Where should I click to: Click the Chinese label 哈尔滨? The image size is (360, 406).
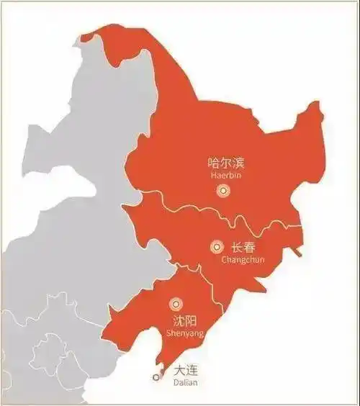223,163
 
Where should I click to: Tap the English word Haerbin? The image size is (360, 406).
223,175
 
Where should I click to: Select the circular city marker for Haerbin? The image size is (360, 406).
223,191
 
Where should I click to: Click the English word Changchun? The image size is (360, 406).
243,259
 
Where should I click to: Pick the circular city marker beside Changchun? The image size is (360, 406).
217,247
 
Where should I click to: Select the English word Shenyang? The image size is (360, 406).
184,333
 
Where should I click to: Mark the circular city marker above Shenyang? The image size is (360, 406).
175,304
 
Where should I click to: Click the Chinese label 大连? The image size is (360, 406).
186,371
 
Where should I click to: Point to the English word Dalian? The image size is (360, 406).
185,383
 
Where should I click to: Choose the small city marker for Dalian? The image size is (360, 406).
156,376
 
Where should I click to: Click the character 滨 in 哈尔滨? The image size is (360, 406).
235,163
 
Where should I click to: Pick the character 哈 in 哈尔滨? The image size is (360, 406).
212,163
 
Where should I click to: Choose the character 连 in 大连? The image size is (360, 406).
192,371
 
